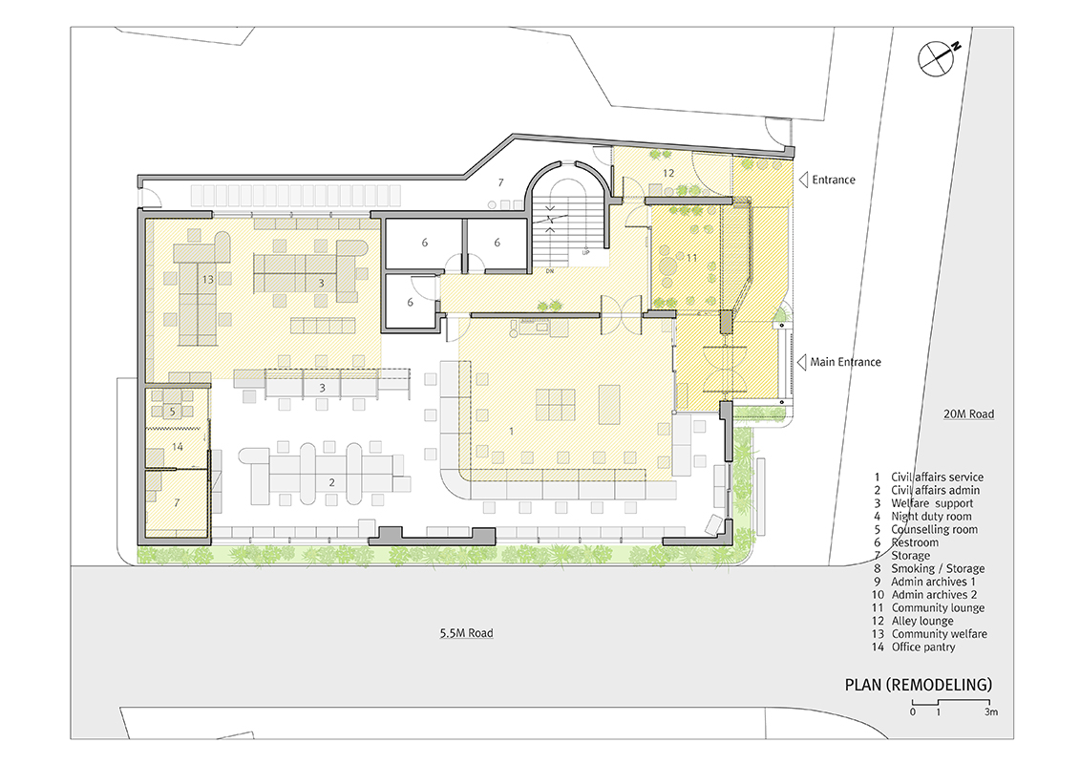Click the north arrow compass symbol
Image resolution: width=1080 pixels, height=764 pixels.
[x=939, y=57]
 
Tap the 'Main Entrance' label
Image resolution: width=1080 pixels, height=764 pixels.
[x=845, y=362]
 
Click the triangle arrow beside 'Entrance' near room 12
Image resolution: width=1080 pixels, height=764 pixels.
[x=803, y=180]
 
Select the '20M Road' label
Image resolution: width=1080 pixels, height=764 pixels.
[x=968, y=414]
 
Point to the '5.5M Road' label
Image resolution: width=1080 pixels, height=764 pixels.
[x=466, y=633]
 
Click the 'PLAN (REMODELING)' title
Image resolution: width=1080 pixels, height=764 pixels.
[x=918, y=685]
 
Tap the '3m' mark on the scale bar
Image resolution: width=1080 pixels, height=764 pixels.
[x=990, y=711]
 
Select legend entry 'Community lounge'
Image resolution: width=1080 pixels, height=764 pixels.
[x=938, y=607]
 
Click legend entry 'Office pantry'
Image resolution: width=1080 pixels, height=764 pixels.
[x=923, y=647]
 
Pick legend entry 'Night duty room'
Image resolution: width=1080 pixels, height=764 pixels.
[x=931, y=516]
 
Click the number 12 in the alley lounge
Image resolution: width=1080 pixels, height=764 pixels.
[x=668, y=173]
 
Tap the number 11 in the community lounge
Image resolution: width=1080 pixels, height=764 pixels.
[x=691, y=258]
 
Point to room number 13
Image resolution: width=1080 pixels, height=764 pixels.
[x=207, y=280]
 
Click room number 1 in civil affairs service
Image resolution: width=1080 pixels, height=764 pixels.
[x=511, y=432]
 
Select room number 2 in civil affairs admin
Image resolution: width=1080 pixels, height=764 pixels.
[x=331, y=482]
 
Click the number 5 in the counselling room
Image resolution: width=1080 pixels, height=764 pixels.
[x=172, y=412]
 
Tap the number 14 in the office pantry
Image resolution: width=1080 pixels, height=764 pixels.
[x=177, y=446]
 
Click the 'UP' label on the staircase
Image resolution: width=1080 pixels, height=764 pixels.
[x=586, y=253]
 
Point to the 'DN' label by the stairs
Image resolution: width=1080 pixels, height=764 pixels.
[x=550, y=271]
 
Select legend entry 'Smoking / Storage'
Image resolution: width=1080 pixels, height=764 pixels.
[x=938, y=568]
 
